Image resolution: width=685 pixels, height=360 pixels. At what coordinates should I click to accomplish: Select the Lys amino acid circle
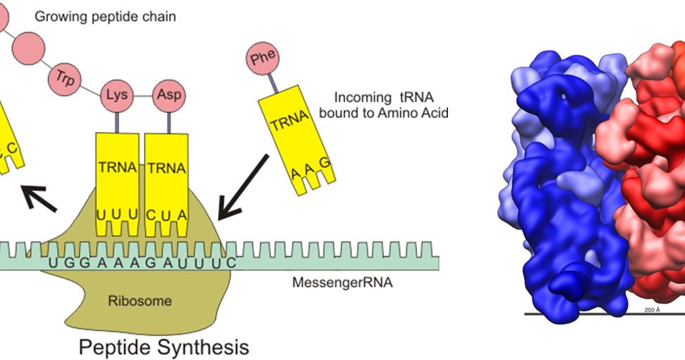pyautogui.click(x=114, y=95)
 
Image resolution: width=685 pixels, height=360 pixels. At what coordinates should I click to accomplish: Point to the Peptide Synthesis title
pyautogui.click(x=163, y=347)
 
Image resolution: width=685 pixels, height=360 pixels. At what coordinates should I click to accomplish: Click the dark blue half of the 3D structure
pyautogui.click(x=557, y=191)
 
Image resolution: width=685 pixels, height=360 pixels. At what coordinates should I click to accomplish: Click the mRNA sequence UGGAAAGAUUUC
pyautogui.click(x=141, y=263)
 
